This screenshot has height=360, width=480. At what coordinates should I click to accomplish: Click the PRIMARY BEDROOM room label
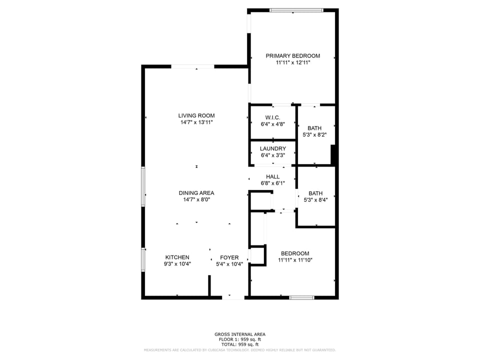292,56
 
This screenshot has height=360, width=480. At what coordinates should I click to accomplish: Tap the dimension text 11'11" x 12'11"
292,63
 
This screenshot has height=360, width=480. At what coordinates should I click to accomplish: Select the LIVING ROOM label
196,115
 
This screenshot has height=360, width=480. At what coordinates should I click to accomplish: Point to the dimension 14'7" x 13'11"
196,122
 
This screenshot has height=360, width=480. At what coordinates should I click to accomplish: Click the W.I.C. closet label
272,117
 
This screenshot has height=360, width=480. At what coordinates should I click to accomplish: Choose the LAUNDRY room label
272,148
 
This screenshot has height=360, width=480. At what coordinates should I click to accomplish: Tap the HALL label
272,176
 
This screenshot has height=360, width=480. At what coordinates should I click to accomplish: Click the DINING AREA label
196,193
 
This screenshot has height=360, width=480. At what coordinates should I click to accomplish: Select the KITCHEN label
177,257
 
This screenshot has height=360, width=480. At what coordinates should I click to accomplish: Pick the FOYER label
229,258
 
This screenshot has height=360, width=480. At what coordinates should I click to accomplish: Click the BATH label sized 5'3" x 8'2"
314,128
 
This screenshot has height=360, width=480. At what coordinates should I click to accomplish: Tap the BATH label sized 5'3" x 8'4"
315,193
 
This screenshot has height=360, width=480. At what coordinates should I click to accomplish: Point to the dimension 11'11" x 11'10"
294,260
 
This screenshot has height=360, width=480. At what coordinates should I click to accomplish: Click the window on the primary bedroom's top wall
296,10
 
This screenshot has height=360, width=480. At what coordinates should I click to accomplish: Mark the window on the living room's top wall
192,66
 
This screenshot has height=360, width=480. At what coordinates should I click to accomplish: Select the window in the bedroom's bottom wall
302,297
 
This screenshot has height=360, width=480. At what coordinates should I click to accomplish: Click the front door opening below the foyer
233,297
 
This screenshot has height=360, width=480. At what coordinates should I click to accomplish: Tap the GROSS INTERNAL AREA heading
240,334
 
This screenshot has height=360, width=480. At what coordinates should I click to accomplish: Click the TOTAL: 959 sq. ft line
240,344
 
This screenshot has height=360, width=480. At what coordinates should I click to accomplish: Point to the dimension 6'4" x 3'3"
272,155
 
